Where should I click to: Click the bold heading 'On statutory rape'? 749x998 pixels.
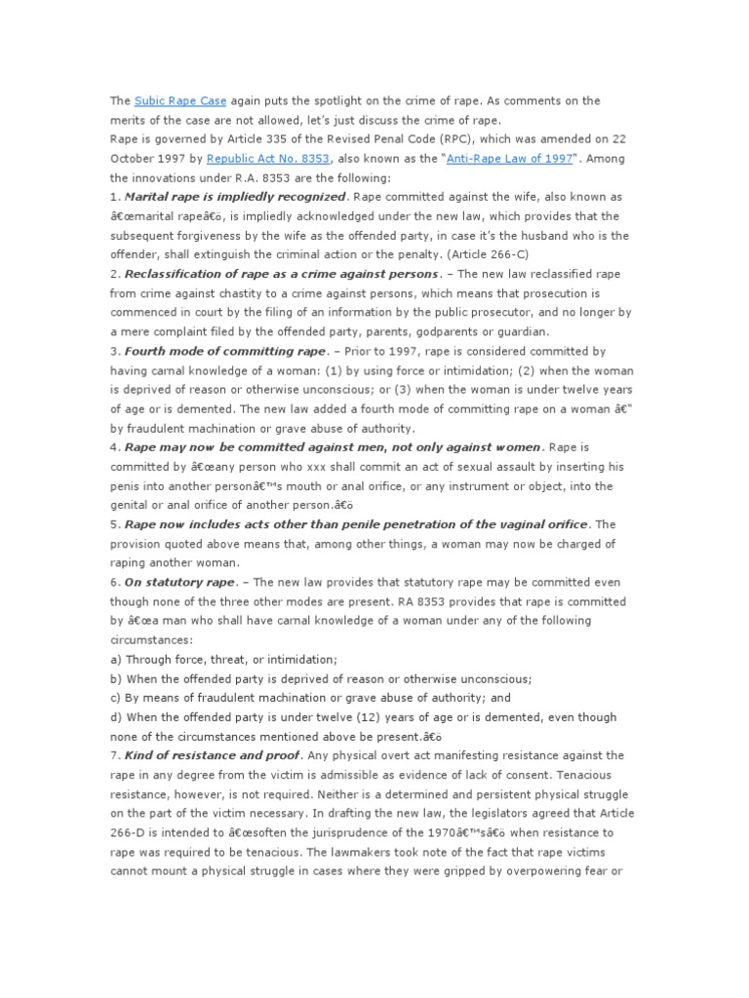[179, 582]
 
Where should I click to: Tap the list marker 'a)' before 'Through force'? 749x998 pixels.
[116, 659]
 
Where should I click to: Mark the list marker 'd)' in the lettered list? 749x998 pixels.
[116, 717]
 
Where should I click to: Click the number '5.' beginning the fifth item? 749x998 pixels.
[115, 524]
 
